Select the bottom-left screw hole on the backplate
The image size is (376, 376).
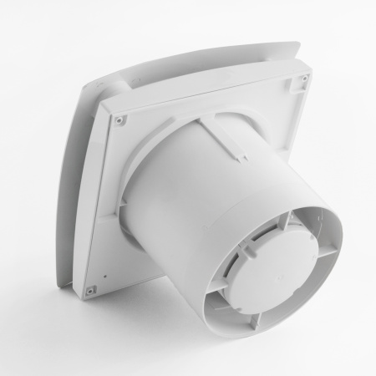pyautogui.click(x=88, y=290)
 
